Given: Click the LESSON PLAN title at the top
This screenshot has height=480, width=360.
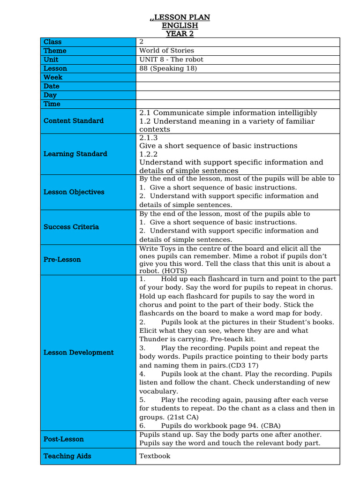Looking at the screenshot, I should (180, 17).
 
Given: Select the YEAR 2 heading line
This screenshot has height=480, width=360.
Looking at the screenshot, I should (180, 33).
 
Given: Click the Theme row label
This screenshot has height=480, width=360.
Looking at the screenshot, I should (55, 51).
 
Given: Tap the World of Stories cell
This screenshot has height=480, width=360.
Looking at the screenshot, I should (166, 51).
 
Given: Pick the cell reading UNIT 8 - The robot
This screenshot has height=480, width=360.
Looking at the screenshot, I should (171, 60).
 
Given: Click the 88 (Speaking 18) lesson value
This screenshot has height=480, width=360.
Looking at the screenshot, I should (168, 68).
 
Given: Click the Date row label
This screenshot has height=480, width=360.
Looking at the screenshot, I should (52, 86).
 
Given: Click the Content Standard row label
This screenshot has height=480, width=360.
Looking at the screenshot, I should (74, 121).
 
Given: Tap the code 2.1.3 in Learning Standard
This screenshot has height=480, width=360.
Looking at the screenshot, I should (149, 138).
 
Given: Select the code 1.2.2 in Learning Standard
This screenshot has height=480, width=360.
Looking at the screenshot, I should (149, 154).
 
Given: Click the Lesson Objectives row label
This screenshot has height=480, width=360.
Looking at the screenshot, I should (74, 192).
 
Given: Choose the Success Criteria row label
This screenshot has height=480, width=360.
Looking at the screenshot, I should (71, 227).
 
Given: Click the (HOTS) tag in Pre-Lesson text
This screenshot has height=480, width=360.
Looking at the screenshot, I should (173, 271).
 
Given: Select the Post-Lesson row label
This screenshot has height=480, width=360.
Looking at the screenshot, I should (64, 439).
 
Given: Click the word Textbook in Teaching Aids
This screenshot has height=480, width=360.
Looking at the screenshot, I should (155, 456).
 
